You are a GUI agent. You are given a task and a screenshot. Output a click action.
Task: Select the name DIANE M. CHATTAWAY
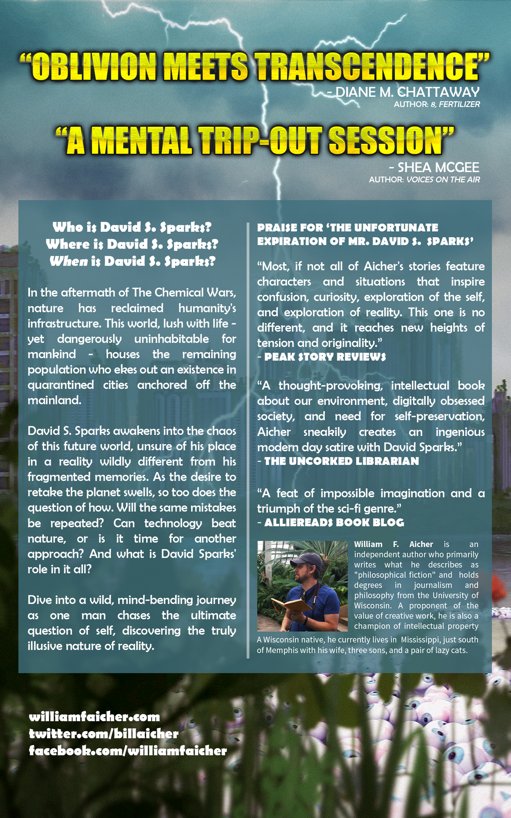coord(407,92)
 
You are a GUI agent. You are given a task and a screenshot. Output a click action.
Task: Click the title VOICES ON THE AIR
coord(443,179)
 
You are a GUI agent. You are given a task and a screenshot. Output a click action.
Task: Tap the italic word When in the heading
coord(68,261)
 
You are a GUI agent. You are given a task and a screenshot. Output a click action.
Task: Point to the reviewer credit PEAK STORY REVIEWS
coord(325,357)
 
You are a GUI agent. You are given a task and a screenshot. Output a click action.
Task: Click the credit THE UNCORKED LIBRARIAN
coord(341,461)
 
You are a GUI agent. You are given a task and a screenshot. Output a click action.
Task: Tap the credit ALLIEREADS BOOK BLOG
coord(334,523)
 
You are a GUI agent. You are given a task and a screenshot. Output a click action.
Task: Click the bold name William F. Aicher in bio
coord(393,544)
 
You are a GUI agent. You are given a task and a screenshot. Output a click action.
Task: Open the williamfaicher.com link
coord(94,717)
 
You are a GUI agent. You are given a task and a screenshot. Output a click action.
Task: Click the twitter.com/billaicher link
coord(103,734)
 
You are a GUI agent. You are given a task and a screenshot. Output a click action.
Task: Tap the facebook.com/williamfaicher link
coord(128,751)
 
